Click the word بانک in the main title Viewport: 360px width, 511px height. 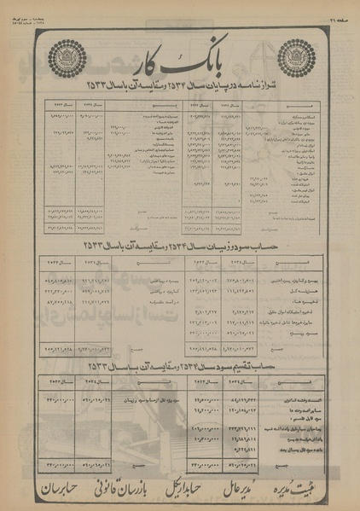pos(206,65)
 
